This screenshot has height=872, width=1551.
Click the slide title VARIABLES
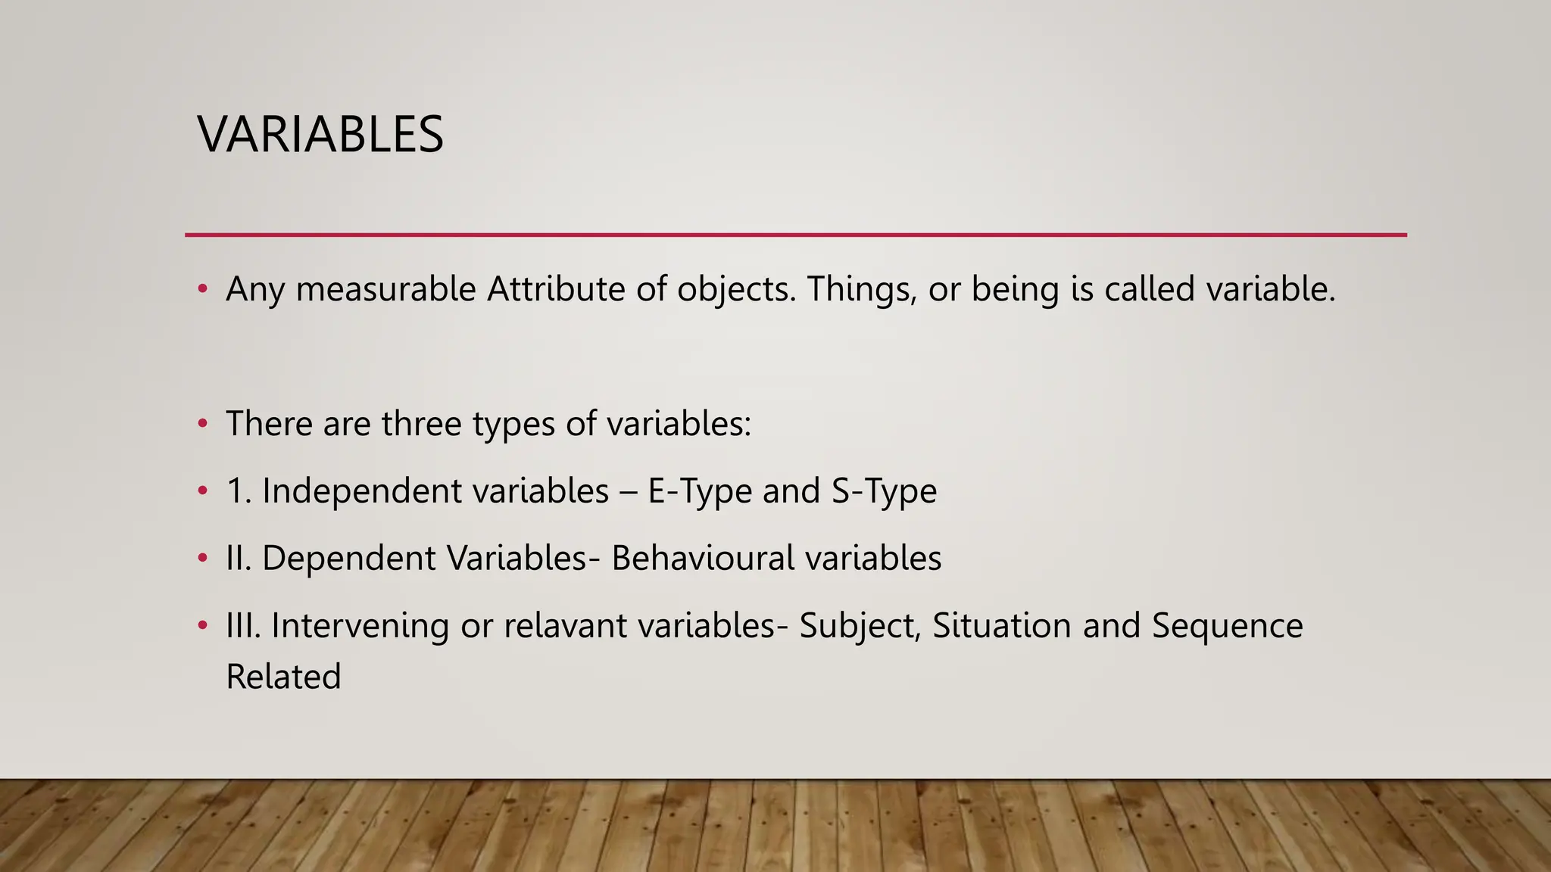tap(320, 135)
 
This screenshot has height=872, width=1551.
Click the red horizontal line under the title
tap(795, 235)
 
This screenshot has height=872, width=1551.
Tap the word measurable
tap(385, 289)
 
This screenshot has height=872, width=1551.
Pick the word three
tap(422, 423)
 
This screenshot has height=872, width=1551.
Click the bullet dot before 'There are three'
tap(202, 423)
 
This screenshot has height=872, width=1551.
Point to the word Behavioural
tap(703, 558)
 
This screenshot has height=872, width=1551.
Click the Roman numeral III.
tap(242, 625)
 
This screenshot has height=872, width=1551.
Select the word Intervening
tap(360, 625)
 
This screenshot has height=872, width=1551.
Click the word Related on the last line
tap(283, 677)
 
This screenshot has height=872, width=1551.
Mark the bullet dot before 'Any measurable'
tap(202, 289)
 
